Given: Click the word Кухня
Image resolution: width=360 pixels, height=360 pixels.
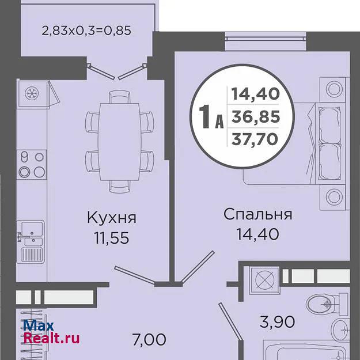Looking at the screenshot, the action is (112, 218).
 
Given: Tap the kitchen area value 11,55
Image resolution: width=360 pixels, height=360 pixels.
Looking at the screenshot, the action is (112, 238).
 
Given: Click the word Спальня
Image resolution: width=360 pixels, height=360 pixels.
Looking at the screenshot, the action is (258, 214).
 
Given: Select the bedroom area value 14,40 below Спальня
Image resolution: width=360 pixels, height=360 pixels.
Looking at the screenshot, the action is (258, 234).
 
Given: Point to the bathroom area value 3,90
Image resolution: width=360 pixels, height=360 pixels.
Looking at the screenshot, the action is (278, 321).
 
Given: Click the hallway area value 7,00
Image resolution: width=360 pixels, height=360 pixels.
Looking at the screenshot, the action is (149, 340).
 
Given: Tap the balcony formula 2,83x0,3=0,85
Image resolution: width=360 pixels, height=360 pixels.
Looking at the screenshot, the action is (86, 31).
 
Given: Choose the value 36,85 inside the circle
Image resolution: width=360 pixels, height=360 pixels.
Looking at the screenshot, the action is (256, 116).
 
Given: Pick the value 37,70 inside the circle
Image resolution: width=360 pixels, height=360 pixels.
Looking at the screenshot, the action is (255, 139).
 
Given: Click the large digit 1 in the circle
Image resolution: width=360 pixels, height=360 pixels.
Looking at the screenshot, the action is (204, 116).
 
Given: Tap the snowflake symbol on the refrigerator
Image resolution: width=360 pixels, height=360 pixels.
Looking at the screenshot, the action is (32, 93).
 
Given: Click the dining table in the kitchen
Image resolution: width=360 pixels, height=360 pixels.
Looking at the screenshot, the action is (119, 142).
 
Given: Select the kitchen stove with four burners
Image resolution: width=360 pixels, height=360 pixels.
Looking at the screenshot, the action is (32, 164).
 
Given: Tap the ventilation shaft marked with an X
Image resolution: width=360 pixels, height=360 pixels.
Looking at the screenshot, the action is (264, 281).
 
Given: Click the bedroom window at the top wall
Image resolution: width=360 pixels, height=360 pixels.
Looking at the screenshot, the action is (265, 41).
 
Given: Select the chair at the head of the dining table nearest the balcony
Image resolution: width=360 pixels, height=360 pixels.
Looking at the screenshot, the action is (120, 97).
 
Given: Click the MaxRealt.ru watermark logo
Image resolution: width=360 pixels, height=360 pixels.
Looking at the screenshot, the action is (51, 332).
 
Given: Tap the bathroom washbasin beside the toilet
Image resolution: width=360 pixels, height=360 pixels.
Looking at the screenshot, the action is (341, 330).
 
